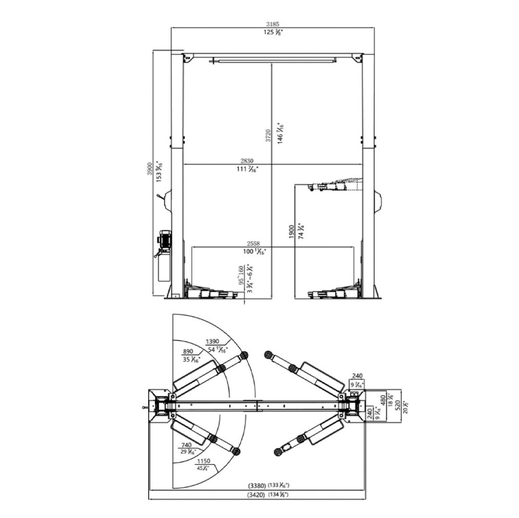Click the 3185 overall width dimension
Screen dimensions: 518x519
[x=272, y=24]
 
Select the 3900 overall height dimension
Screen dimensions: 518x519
[x=149, y=169]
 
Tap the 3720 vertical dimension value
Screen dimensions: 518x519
[x=268, y=135]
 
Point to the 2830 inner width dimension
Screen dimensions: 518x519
[x=247, y=161]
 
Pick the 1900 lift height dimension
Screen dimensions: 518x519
[x=291, y=232]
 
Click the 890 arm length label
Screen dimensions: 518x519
[x=189, y=351]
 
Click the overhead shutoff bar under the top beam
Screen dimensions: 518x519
[x=272, y=60]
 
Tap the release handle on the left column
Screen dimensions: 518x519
[x=158, y=198]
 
